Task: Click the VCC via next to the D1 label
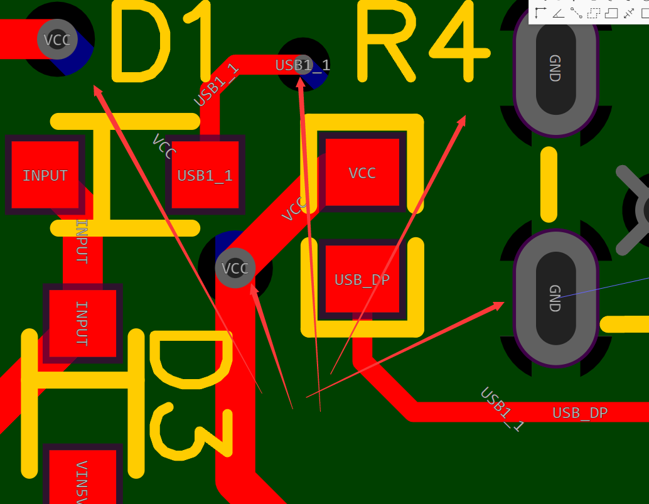pos(57,40)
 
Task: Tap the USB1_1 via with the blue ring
pos(303,64)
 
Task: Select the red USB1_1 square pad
pos(205,175)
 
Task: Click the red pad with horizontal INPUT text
pos(45,175)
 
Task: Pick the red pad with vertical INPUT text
pos(82,323)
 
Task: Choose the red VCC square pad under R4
pos(362,173)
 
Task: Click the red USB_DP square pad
pos(362,279)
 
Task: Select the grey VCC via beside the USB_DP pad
pos(235,269)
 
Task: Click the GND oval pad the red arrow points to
pos(555,298)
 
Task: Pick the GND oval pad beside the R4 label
pos(555,69)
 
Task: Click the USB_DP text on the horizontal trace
pos(580,413)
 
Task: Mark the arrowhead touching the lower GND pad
pos(499,305)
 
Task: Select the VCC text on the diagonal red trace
pos(294,208)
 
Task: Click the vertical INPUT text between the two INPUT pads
pos(82,241)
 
